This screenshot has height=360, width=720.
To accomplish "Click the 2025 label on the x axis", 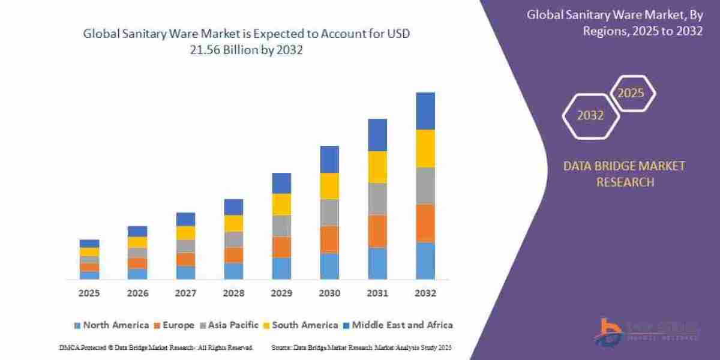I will (89, 293).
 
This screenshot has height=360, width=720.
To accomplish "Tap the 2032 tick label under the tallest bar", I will (425, 293).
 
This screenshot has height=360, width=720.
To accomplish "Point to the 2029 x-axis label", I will (281, 293).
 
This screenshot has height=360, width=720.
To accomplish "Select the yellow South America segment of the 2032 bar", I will (425, 148).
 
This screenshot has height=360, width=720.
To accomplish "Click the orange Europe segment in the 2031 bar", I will (377, 231).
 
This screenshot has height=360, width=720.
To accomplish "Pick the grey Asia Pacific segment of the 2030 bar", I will (329, 212).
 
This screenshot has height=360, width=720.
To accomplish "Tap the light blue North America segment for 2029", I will (281, 268).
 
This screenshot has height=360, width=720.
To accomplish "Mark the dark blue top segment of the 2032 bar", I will (425, 111).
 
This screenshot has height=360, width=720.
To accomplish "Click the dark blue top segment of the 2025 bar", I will (89, 244).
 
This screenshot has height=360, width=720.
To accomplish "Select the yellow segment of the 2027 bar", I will (185, 233).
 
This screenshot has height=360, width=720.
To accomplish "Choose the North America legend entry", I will (110, 325).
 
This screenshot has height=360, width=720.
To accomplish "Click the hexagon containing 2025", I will (631, 94).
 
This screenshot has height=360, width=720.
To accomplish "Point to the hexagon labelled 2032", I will (590, 115).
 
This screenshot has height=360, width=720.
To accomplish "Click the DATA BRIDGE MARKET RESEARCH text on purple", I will (624, 174).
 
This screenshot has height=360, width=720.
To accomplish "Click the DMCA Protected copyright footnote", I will (156, 348).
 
